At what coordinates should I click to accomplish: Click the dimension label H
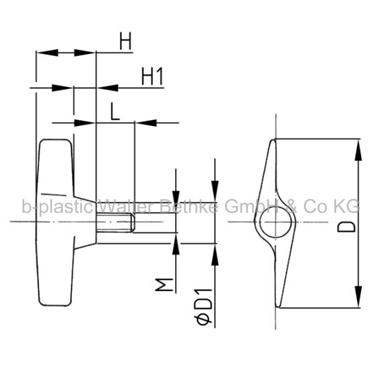(125, 41)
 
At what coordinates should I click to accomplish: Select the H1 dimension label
(152, 76)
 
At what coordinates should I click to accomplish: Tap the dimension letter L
(115, 111)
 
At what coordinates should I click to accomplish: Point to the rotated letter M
(164, 284)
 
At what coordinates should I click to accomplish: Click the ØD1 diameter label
(203, 307)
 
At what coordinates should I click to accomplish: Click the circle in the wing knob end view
(276, 222)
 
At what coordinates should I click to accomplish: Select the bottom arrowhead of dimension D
(358, 296)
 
